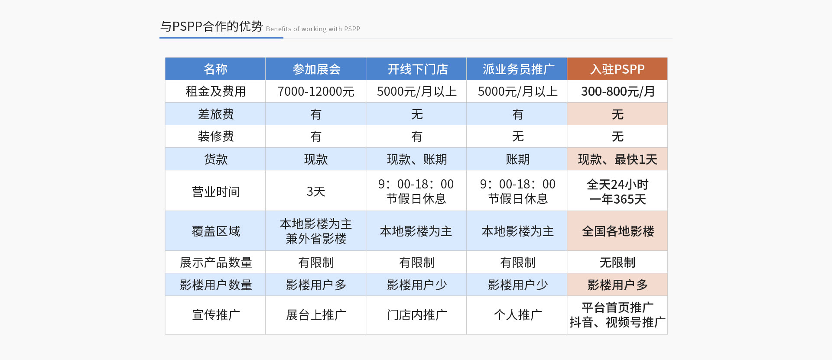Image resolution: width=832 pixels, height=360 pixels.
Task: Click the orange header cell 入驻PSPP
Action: [x=617, y=69]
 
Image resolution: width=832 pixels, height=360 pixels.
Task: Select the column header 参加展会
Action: [x=316, y=69]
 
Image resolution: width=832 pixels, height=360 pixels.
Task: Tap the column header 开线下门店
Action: [x=416, y=69]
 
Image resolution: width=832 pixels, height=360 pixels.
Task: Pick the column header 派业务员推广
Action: [x=517, y=69]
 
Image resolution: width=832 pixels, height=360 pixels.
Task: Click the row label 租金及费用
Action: [x=215, y=91]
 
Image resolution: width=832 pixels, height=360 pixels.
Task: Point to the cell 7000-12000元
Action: [x=316, y=91]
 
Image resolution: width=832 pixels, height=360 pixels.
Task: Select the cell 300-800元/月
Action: [x=617, y=91]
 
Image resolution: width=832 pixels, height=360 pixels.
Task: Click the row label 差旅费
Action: [x=215, y=114]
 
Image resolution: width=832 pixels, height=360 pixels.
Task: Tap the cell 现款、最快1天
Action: [x=617, y=159]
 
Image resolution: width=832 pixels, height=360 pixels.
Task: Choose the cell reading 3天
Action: [x=316, y=191]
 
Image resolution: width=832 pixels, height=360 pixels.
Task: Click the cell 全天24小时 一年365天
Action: [x=617, y=191]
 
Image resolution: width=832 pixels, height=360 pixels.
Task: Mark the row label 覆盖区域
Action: [x=215, y=231]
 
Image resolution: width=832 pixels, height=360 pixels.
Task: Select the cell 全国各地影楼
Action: [x=617, y=231]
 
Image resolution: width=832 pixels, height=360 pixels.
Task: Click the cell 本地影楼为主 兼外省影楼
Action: [x=316, y=231]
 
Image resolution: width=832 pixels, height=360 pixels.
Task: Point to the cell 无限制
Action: [x=617, y=262]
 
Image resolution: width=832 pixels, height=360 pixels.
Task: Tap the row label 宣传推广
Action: [x=215, y=315]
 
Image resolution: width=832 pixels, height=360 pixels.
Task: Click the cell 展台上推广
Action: [x=316, y=315]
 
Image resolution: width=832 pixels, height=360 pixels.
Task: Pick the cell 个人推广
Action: [x=517, y=315]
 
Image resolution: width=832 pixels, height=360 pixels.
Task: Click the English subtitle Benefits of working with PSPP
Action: [x=313, y=29]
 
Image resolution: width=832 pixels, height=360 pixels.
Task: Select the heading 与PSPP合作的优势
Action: [x=211, y=26]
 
